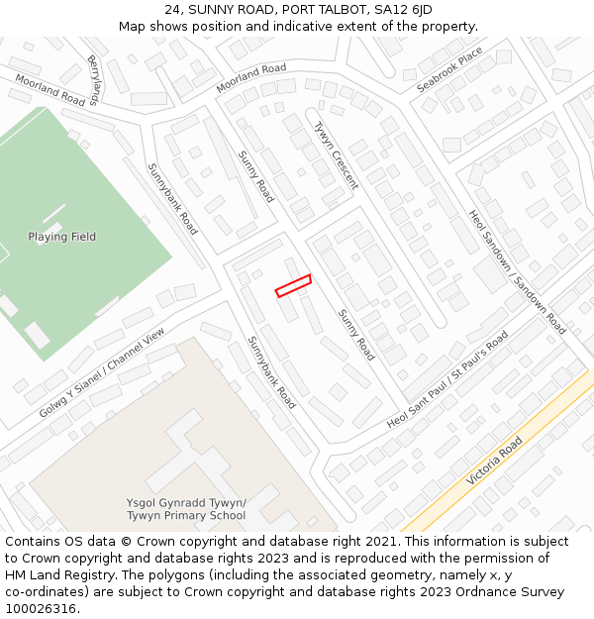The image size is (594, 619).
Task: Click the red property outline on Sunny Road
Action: point(293,285)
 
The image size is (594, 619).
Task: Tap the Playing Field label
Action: point(62,238)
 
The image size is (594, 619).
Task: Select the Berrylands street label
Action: point(95,80)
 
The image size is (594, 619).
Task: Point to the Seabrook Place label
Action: point(449,69)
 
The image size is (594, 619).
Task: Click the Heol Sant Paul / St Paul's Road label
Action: point(447,379)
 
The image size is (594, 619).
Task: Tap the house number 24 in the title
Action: point(172,10)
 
